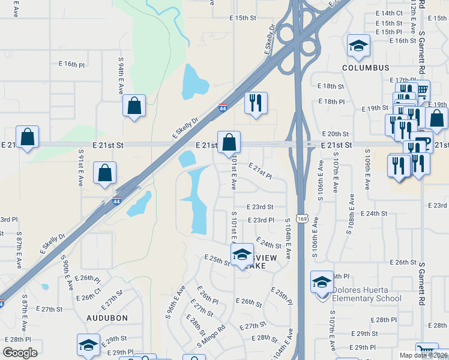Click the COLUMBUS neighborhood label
pos(366,68)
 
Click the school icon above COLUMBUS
pos(358,45)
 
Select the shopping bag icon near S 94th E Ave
pos(134,106)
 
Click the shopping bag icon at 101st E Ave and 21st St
pos(229,143)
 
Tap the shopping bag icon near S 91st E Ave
pos(105,172)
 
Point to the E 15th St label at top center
pos(243,19)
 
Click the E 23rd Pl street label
pos(261,220)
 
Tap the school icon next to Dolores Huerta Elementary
pos(322,281)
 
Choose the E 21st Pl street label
pos(260,171)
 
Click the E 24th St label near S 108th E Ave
pos(375,214)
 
